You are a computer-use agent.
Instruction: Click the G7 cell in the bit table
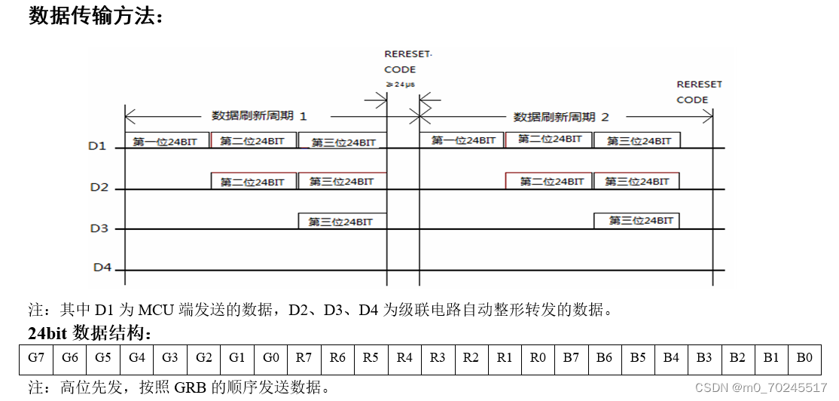(35, 358)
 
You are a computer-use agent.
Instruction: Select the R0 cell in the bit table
(537, 358)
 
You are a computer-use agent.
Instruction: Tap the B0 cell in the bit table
(804, 358)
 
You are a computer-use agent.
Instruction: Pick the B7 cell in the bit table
(570, 358)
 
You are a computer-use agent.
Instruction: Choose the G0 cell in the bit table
(270, 358)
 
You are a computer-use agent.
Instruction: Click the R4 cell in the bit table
(404, 358)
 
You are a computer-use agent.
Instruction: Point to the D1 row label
(98, 145)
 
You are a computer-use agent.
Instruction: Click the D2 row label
(99, 187)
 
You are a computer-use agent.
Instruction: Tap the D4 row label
(102, 267)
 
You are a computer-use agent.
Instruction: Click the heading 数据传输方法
(96, 16)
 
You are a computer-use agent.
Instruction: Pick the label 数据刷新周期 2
(560, 117)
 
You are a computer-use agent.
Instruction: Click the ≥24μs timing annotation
(400, 84)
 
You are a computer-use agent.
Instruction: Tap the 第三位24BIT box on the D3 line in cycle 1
(343, 222)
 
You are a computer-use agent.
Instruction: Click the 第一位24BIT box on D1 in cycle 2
(463, 140)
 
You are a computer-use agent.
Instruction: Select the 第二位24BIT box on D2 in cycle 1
(252, 182)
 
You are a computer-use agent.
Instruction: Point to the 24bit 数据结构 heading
(90, 332)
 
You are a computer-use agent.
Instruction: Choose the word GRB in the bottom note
(188, 388)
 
